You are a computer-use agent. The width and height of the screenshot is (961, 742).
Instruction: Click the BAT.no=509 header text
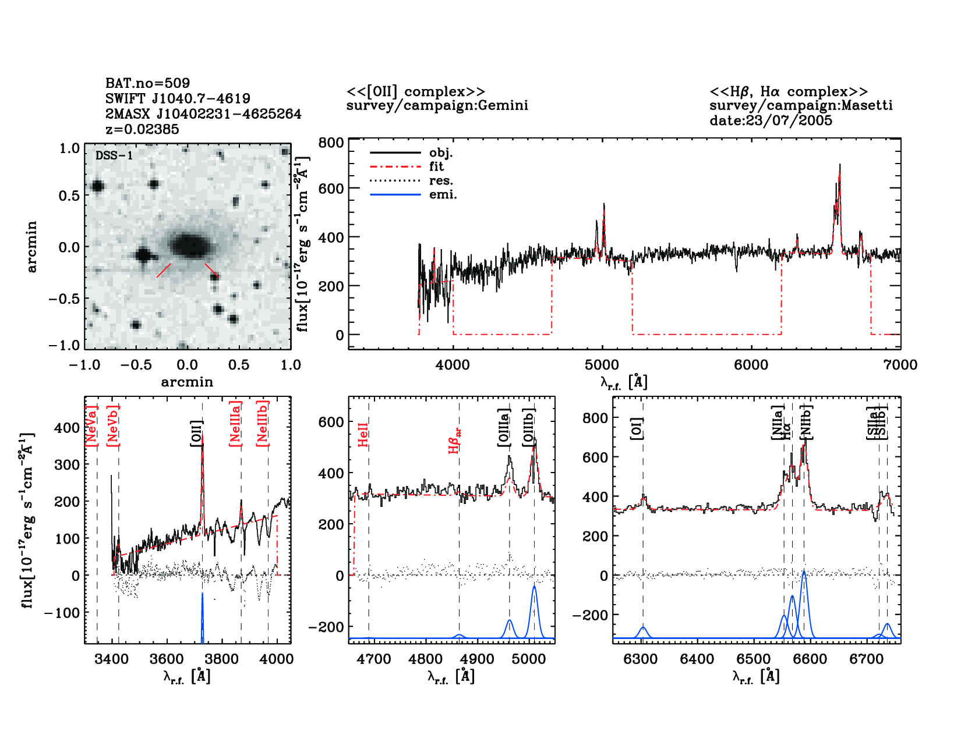[147, 83]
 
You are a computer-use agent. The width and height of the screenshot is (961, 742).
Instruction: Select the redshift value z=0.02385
[142, 129]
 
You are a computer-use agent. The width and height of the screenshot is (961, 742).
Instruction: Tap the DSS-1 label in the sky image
[114, 156]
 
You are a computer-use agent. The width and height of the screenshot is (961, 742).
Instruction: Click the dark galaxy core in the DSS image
[188, 245]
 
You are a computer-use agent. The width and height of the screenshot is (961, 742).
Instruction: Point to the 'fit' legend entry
[436, 167]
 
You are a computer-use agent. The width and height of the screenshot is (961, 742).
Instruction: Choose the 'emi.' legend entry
[443, 195]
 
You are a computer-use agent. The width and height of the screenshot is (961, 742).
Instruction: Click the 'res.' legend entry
[441, 181]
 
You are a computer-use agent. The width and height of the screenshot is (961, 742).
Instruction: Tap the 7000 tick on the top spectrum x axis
[900, 365]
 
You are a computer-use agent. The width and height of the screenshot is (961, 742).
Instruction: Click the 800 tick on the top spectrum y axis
[331, 143]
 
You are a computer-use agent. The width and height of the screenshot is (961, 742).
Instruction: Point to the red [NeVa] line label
[91, 426]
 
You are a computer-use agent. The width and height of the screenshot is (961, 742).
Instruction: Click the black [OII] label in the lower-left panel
[196, 434]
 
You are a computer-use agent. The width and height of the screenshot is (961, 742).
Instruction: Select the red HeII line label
[363, 435]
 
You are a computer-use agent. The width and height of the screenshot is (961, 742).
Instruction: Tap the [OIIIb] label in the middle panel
[529, 427]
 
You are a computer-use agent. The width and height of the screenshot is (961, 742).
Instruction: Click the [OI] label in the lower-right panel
[637, 428]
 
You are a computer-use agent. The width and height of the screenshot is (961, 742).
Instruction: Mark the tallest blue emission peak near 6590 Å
[804, 572]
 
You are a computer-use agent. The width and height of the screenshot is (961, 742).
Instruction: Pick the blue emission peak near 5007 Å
[534, 587]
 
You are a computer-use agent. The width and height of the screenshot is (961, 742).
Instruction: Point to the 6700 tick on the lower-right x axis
[867, 659]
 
